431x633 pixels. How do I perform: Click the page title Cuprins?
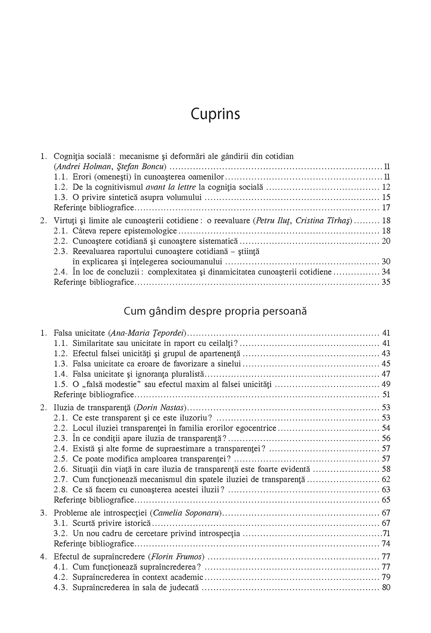pyautogui.click(x=215, y=114)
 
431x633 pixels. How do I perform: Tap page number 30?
pyautogui.click(x=386, y=261)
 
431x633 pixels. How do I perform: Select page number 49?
pyautogui.click(x=386, y=384)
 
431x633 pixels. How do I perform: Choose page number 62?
pyautogui.click(x=386, y=479)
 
